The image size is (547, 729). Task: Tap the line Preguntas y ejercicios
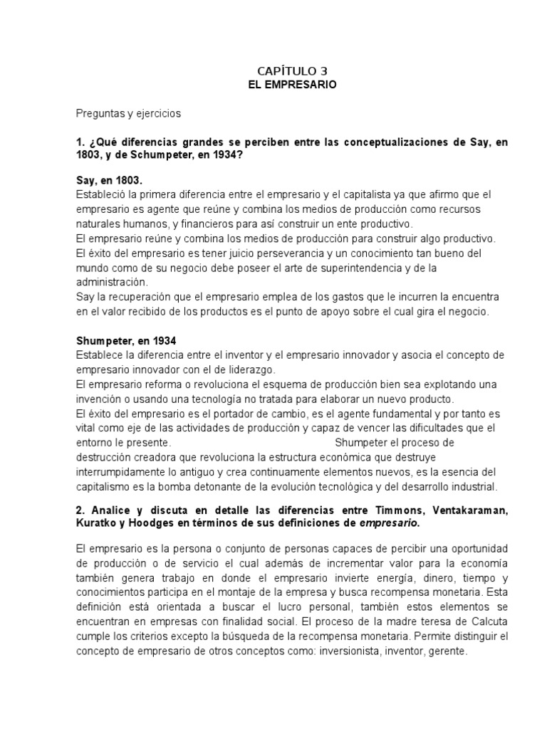click(x=129, y=113)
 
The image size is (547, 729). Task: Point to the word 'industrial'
click(x=470, y=488)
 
